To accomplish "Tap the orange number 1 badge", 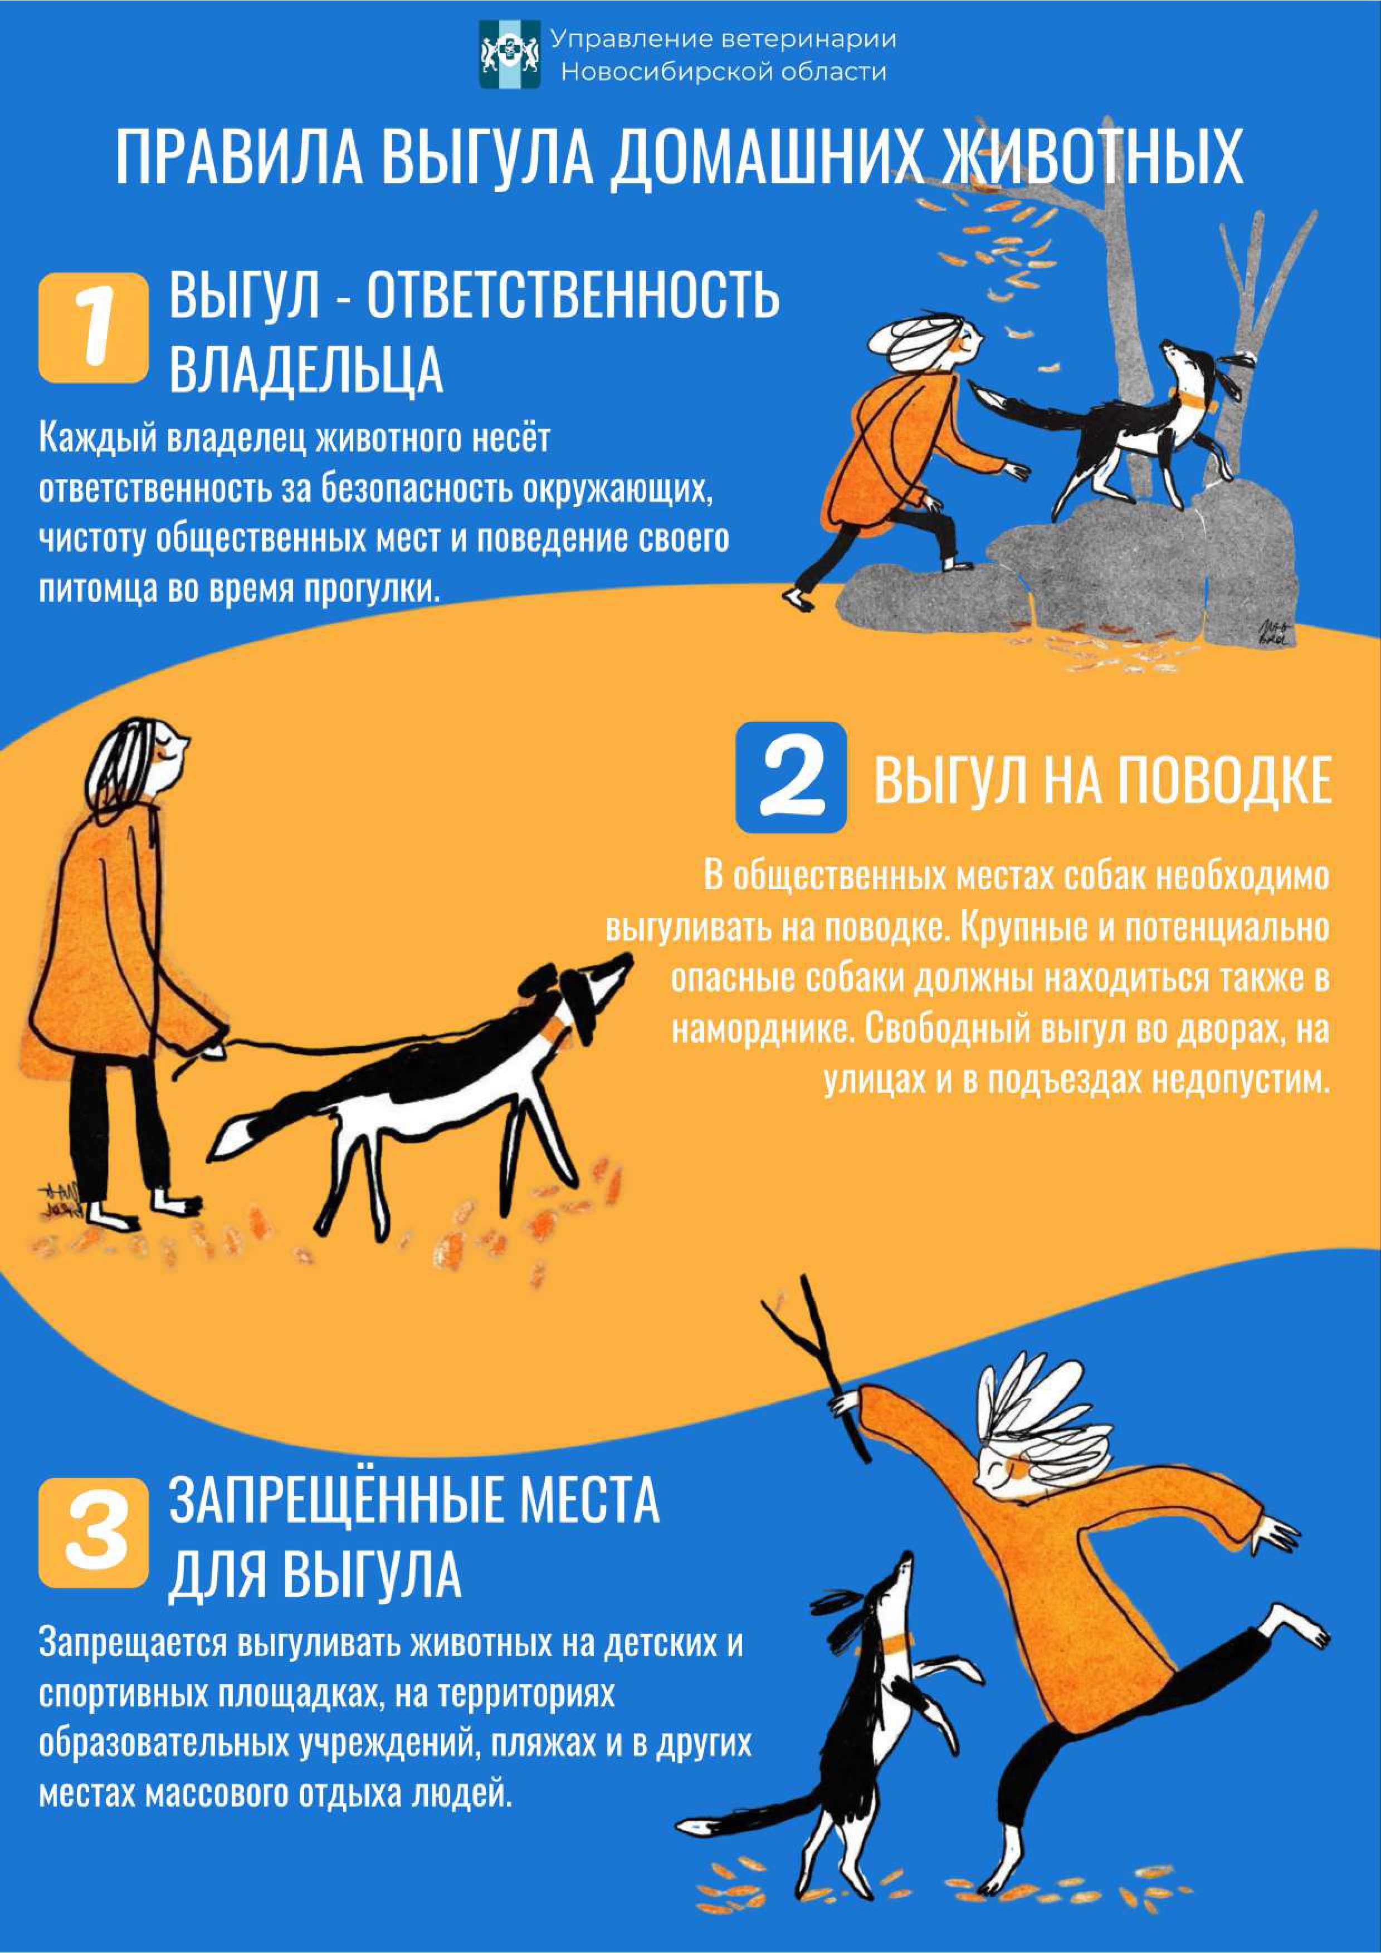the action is [x=94, y=327].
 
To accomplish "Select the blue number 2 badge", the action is [x=791, y=777].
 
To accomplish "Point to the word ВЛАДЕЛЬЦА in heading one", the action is [x=306, y=369].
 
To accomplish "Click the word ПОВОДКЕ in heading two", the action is [x=1223, y=780].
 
